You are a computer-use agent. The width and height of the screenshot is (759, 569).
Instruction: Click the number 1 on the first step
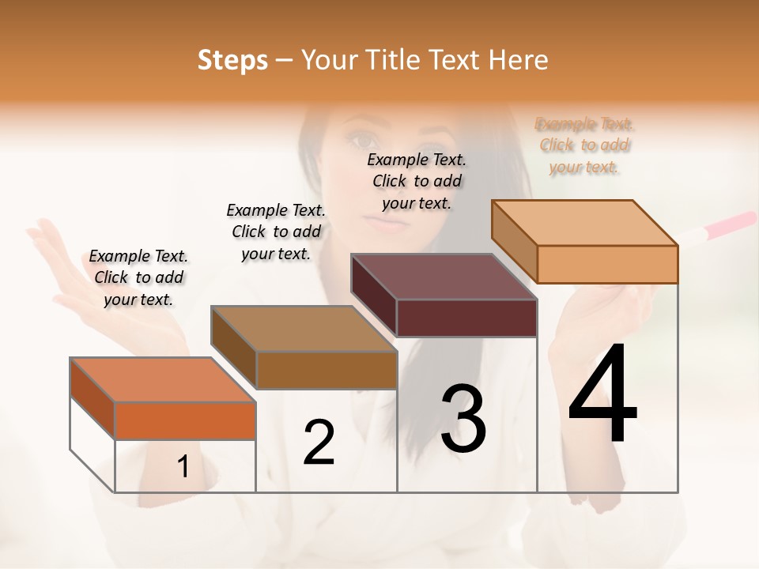pos(183,467)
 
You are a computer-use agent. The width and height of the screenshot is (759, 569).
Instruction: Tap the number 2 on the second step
pos(319,442)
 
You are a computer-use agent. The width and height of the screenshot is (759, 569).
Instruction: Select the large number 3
pos(463,418)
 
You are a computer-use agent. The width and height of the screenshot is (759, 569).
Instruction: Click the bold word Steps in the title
pos(232,60)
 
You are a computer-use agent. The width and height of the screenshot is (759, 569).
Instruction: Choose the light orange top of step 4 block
pos(584,222)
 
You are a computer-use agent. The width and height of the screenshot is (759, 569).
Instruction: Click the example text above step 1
pos(138,277)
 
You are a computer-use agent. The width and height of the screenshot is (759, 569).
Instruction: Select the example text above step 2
pos(276,232)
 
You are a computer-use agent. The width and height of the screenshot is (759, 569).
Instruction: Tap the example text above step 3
pos(417,181)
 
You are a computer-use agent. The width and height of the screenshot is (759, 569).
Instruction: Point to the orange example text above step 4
pos(584,145)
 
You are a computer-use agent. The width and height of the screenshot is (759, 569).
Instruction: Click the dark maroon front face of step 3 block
pos(466,318)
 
